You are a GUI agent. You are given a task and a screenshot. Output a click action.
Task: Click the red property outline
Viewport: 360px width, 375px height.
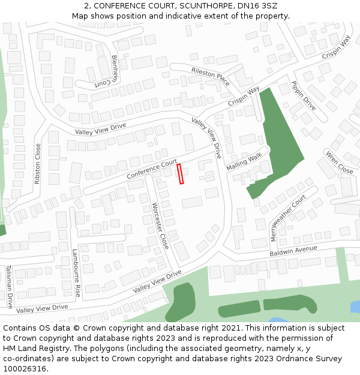180,174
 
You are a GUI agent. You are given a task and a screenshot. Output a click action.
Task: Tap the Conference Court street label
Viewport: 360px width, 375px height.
152,169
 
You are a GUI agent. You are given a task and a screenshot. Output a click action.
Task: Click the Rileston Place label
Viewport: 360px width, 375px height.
210,76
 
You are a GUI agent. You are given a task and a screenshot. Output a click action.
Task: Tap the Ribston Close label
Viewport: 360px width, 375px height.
38,163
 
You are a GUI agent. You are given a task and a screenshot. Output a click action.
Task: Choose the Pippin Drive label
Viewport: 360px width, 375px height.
304,95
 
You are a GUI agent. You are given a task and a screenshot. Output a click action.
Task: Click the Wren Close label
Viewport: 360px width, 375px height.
339,162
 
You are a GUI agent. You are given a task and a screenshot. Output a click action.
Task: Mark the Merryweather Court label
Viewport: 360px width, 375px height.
289,217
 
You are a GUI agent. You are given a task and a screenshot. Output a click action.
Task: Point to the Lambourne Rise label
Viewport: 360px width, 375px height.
77,273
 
